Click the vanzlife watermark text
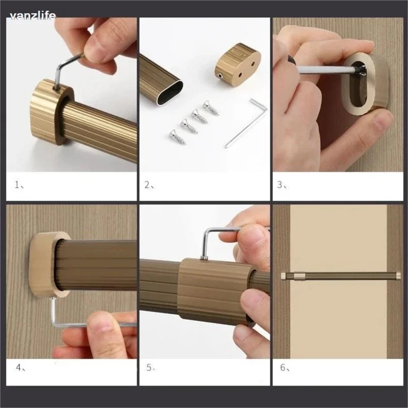click(x=33, y=16)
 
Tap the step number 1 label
click(x=19, y=185)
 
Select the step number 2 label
click(x=149, y=185)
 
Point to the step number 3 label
click(x=282, y=185)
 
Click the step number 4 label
click(x=20, y=367)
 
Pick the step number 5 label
click(x=150, y=367)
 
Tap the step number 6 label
click(x=285, y=367)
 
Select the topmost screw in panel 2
click(x=211, y=108)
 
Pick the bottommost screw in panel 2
click(x=177, y=137)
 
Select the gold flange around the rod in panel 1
click(x=52, y=112)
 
